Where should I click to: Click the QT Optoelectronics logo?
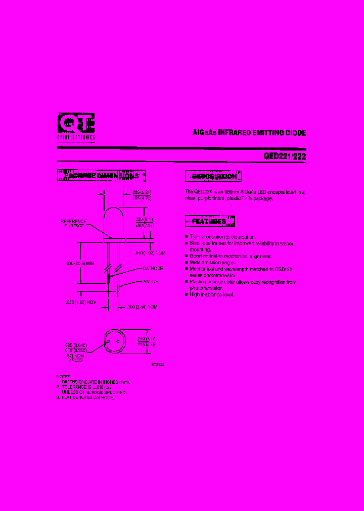76,126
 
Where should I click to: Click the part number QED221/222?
285,157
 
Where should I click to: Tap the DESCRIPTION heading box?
214,176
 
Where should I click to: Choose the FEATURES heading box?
210,221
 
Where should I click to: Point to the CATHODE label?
153,269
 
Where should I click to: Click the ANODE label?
151,281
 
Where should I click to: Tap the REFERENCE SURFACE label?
74,224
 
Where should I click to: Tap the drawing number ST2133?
157,364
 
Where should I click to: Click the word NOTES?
64,377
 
